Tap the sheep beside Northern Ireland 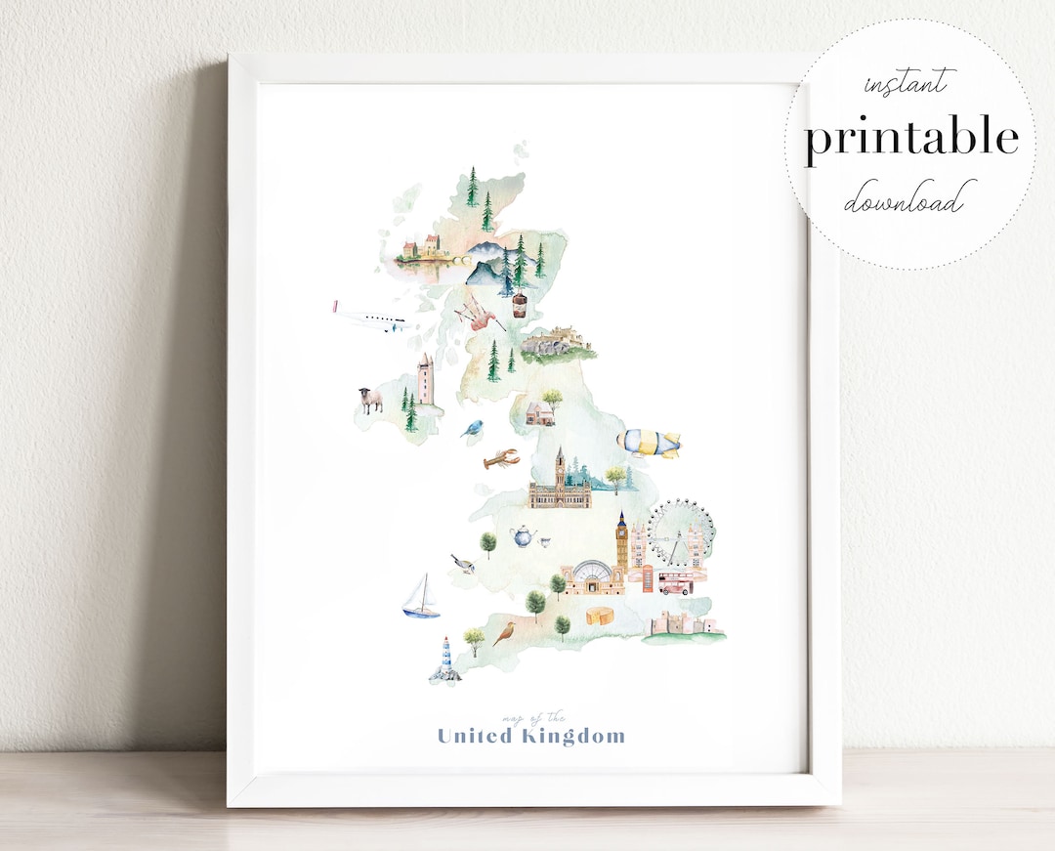point(370,399)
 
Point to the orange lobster point(499,458)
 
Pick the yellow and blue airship point(648,442)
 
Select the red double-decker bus point(675,584)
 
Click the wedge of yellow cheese point(599,616)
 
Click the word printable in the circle point(910,138)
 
